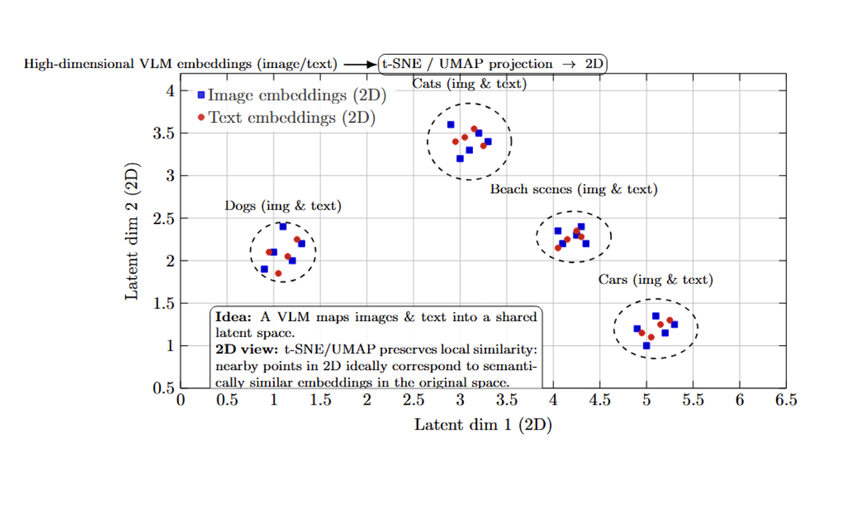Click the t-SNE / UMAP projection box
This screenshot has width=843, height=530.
(x=493, y=64)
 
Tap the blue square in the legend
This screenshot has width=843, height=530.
(x=201, y=95)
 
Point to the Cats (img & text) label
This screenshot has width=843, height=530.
(x=469, y=84)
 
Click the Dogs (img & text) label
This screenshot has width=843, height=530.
(x=283, y=206)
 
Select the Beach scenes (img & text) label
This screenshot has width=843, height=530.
(x=574, y=189)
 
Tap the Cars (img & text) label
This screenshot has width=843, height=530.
(x=656, y=280)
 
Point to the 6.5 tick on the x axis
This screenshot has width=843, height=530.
(x=786, y=400)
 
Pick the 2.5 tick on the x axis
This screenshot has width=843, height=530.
(x=414, y=400)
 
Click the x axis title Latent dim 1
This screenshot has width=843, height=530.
(x=483, y=425)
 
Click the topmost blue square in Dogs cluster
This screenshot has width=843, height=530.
(x=283, y=226)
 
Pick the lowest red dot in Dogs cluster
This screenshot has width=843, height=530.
(x=278, y=273)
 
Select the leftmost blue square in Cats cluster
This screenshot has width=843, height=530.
(x=450, y=125)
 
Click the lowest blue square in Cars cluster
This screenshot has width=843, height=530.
(x=646, y=346)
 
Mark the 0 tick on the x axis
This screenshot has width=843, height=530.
(x=181, y=400)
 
